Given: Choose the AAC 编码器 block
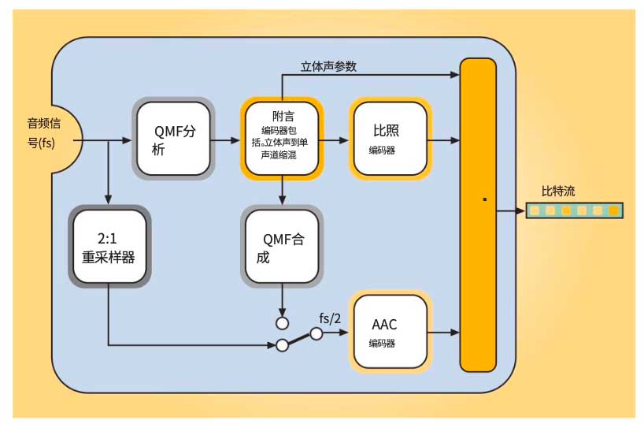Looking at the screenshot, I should coord(390,332).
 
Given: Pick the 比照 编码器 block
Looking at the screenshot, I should coord(390,139).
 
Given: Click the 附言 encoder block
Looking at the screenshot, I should coord(282,139).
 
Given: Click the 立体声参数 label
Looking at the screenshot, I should coord(328,66).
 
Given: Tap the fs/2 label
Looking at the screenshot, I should coord(330,318).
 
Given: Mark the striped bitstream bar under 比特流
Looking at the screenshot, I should coord(574,210).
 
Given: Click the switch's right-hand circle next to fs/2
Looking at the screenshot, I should coord(316,333).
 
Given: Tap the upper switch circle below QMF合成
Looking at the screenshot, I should coord(282,323).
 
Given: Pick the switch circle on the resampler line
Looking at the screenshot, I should coord(281,345).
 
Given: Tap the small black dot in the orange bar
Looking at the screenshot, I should coord(485,199).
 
